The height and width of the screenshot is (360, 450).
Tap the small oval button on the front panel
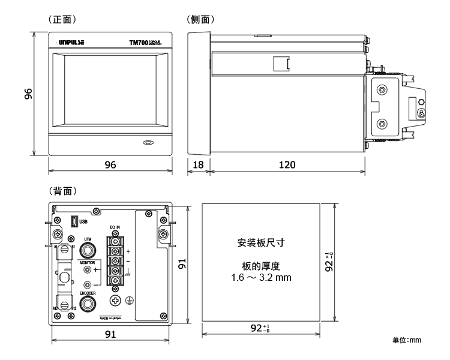148,143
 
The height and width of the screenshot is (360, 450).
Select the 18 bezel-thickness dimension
198,164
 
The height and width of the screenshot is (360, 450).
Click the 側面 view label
202,19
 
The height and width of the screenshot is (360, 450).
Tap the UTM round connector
88,251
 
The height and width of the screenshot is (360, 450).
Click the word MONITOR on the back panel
88,263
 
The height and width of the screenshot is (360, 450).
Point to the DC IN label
116,227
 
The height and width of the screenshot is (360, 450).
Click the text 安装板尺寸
260,243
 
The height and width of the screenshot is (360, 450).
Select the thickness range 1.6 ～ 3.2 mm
260,279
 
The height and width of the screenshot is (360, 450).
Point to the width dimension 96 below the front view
110,164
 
